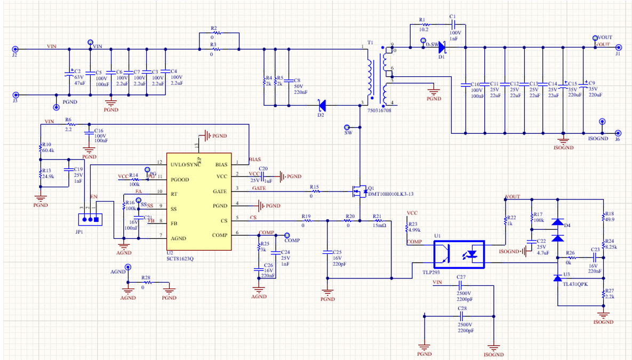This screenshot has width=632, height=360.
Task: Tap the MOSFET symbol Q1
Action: (358, 190)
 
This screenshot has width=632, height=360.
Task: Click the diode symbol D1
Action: (442, 47)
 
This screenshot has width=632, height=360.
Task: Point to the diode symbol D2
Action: (322, 105)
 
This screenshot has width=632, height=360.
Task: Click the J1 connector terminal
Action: (618, 47)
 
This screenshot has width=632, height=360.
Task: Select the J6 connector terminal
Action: (618, 133)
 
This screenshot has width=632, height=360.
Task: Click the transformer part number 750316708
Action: (379, 110)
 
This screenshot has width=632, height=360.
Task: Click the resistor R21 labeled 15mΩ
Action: (378, 220)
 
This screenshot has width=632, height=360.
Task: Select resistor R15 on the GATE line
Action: (316, 191)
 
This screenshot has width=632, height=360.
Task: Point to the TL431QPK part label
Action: (575, 284)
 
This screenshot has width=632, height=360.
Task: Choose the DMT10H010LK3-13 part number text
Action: (390, 194)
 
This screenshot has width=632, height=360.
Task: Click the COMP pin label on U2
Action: (219, 235)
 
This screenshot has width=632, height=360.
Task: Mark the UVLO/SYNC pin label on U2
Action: (185, 164)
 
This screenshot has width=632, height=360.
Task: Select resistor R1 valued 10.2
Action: (423, 25)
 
